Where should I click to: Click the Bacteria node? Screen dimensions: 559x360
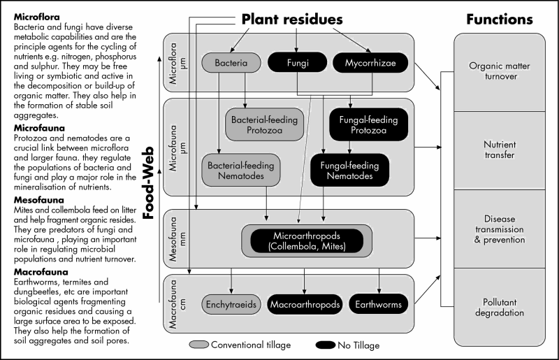coord(231,63)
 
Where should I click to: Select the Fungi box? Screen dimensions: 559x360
coord(298,62)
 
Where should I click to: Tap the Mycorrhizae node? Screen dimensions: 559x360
coord(370,62)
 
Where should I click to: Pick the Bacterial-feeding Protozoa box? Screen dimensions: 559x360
coord(264,124)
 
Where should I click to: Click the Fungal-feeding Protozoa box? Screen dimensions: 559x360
coord(368,124)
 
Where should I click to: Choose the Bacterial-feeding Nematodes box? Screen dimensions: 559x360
coord(240,170)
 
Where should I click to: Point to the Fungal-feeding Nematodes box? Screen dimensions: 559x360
coord(349,170)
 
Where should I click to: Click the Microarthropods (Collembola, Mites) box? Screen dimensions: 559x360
coord(307,241)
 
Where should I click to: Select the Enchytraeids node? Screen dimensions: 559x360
coord(231,304)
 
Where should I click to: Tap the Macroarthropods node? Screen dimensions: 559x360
coord(305,304)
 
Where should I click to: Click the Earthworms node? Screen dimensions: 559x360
coord(378,304)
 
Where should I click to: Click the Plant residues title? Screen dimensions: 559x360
coord(292,20)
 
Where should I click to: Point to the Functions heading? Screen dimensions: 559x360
coord(500,20)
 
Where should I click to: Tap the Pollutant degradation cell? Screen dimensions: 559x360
coord(499,307)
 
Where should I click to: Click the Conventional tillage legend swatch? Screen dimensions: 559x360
coord(199,345)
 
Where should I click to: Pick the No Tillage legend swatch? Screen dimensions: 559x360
coord(326,345)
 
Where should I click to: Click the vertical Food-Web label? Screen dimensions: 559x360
coord(148,182)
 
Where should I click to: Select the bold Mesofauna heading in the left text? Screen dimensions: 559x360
coord(39,200)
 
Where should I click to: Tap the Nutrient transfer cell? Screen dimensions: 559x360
coord(499,150)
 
